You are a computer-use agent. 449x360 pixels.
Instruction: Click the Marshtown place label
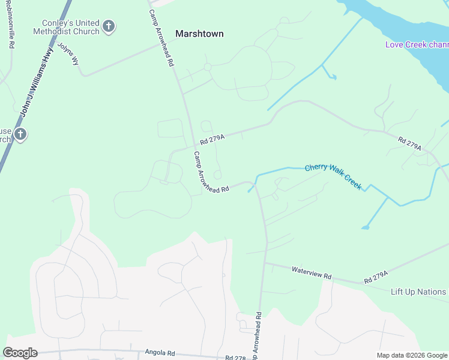pyautogui.click(x=199, y=34)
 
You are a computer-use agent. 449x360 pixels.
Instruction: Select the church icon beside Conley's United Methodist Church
pyautogui.click(x=108, y=26)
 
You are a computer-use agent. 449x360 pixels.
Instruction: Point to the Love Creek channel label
pyautogui.click(x=417, y=44)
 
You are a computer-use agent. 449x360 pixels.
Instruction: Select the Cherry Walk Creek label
pyautogui.click(x=333, y=176)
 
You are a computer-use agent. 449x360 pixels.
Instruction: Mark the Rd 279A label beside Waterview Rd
pyautogui.click(x=376, y=277)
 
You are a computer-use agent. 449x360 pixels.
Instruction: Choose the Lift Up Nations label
pyautogui.click(x=418, y=292)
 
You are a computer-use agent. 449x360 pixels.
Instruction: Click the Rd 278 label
pyautogui.click(x=236, y=358)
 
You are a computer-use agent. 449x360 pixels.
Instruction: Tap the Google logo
pyautogui.click(x=20, y=353)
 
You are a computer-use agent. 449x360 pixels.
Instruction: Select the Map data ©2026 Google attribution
pyautogui.click(x=412, y=355)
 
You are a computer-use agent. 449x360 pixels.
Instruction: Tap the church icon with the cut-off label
pyautogui.click(x=20, y=134)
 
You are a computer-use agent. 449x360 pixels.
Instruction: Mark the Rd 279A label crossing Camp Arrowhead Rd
pyautogui.click(x=212, y=139)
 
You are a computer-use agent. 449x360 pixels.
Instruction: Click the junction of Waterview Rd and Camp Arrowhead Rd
pyautogui.click(x=265, y=262)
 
